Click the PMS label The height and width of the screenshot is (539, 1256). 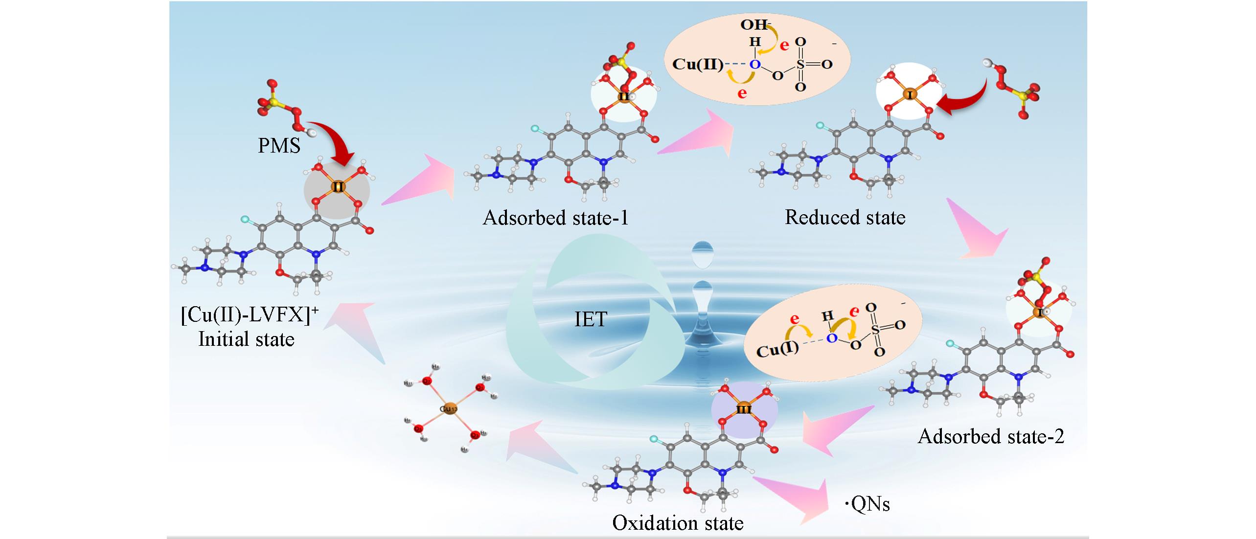pyautogui.click(x=279, y=145)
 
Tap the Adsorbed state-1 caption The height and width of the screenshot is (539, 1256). pyautogui.click(x=555, y=218)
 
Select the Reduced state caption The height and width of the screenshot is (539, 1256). pyautogui.click(x=845, y=217)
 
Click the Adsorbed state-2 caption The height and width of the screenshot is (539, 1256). pyautogui.click(x=991, y=436)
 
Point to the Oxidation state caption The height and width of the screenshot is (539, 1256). pyautogui.click(x=678, y=523)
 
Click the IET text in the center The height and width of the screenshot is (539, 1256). pyautogui.click(x=591, y=319)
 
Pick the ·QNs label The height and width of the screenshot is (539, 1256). pyautogui.click(x=868, y=505)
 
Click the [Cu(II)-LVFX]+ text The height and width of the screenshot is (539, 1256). pyautogui.click(x=249, y=316)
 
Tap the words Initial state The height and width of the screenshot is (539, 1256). pyautogui.click(x=246, y=339)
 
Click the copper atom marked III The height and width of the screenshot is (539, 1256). pyautogui.click(x=743, y=409)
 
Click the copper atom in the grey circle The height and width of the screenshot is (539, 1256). pyautogui.click(x=338, y=186)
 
